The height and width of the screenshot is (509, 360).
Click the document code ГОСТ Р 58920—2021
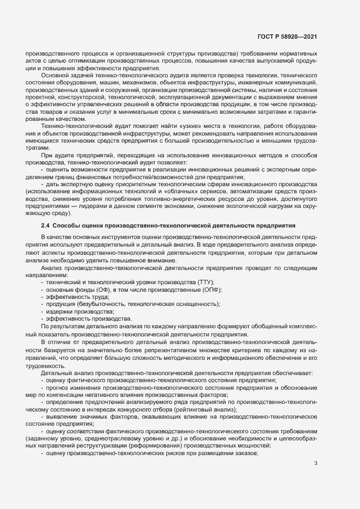[288, 36]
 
